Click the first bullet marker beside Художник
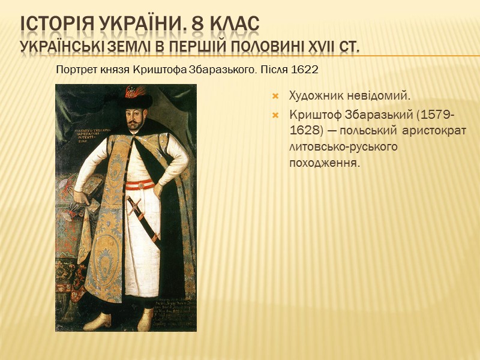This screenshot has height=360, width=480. pos(277,96)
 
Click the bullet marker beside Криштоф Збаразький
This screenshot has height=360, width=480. pos(277,115)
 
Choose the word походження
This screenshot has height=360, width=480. pos(324,163)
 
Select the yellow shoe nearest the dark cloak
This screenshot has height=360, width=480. pos(146,320)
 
